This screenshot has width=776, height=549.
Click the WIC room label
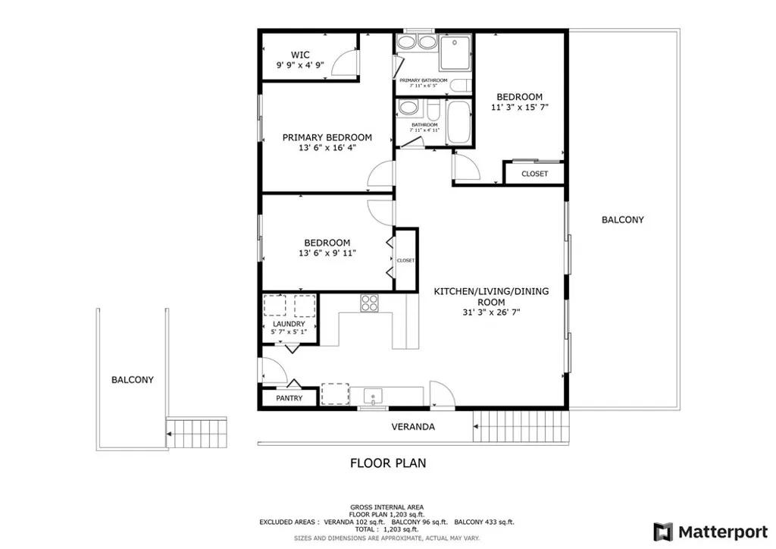pyautogui.click(x=301, y=55)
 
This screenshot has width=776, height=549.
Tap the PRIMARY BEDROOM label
pyautogui.click(x=327, y=137)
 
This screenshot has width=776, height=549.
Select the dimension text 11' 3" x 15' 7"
pyautogui.click(x=519, y=108)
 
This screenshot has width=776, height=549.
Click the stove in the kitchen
pyautogui.click(x=369, y=303)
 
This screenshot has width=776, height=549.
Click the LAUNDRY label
pyautogui.click(x=289, y=324)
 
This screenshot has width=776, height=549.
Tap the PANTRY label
pyautogui.click(x=289, y=398)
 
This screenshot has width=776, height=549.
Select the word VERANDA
pyautogui.click(x=413, y=427)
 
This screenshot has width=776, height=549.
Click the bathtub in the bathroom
pyautogui.click(x=458, y=121)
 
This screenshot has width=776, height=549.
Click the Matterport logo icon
pyautogui.click(x=663, y=530)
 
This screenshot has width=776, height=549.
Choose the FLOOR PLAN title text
pyautogui.click(x=387, y=463)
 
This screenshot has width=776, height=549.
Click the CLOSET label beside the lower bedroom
pyautogui.click(x=405, y=260)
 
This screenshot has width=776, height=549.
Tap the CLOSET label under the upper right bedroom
pyautogui.click(x=534, y=174)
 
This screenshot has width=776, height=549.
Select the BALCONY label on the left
pyautogui.click(x=132, y=380)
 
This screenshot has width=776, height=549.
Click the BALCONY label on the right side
pyautogui.click(x=622, y=220)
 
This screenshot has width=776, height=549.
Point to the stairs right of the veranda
pyautogui.click(x=521, y=427)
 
